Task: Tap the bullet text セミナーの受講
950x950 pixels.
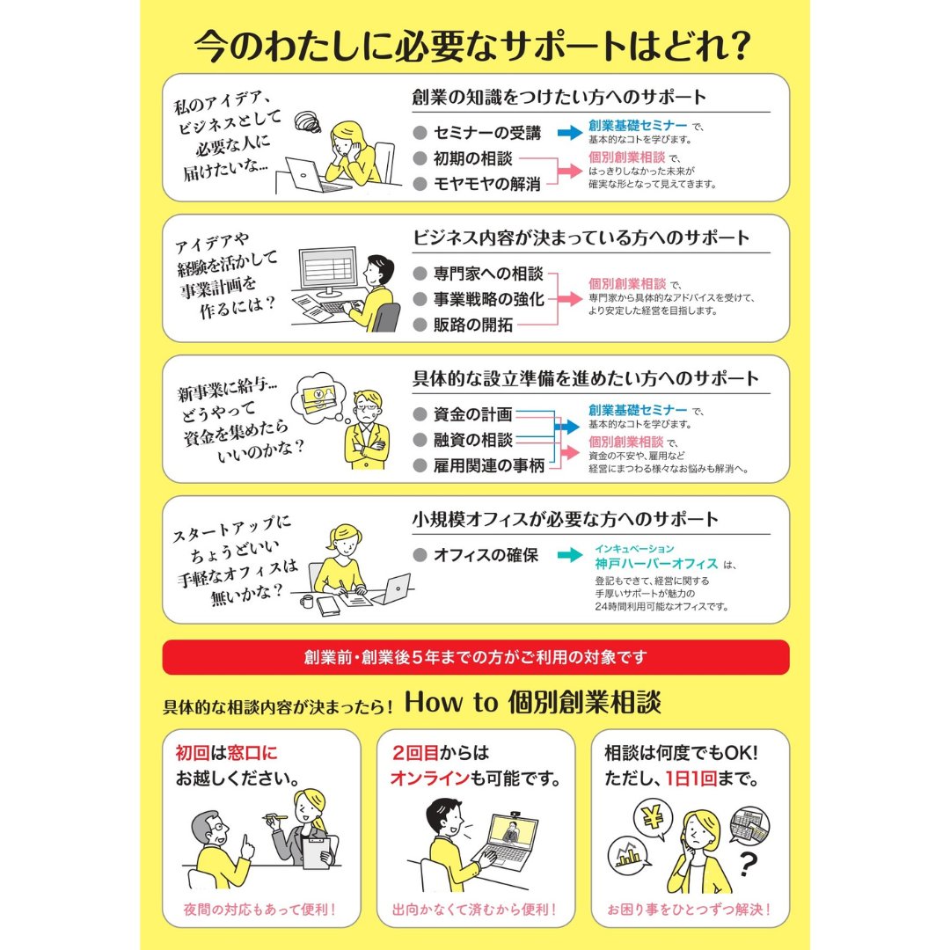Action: click(x=486, y=134)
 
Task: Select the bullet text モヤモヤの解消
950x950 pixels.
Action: click(x=486, y=183)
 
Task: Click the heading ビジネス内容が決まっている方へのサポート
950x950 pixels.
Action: click(x=581, y=237)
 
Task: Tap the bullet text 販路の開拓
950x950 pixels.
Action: click(x=473, y=325)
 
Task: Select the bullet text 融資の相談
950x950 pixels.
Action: click(x=473, y=440)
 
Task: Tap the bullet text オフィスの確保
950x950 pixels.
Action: click(x=486, y=555)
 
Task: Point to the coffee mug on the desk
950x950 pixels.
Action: click(x=306, y=602)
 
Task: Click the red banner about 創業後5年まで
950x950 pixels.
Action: click(x=476, y=657)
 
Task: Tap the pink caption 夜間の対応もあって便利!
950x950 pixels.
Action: click(x=261, y=909)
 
